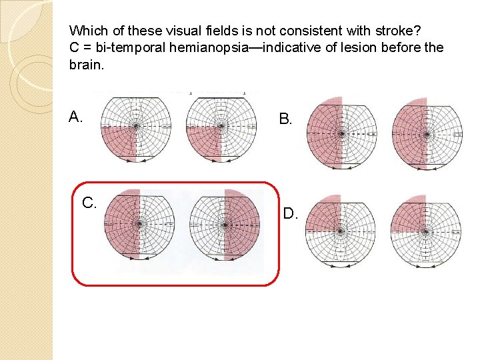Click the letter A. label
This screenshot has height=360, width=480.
pos(75,118)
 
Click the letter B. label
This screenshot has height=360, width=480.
pos(285,119)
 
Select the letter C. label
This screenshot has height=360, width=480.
pos(90,203)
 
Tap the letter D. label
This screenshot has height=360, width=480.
pos(290,214)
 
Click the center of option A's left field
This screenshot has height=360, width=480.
pos(136,127)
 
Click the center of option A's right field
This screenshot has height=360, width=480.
pos(221,127)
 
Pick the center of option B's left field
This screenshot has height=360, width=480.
pos(342,133)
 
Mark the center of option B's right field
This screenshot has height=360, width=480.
pos(427,133)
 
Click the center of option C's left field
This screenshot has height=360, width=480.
pos(139,224)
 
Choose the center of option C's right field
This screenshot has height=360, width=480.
pos(225,224)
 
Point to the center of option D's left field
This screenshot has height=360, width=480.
pos(340,232)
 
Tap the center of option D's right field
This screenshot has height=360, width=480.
pos(425,232)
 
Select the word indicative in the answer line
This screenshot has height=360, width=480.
pos(291,48)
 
